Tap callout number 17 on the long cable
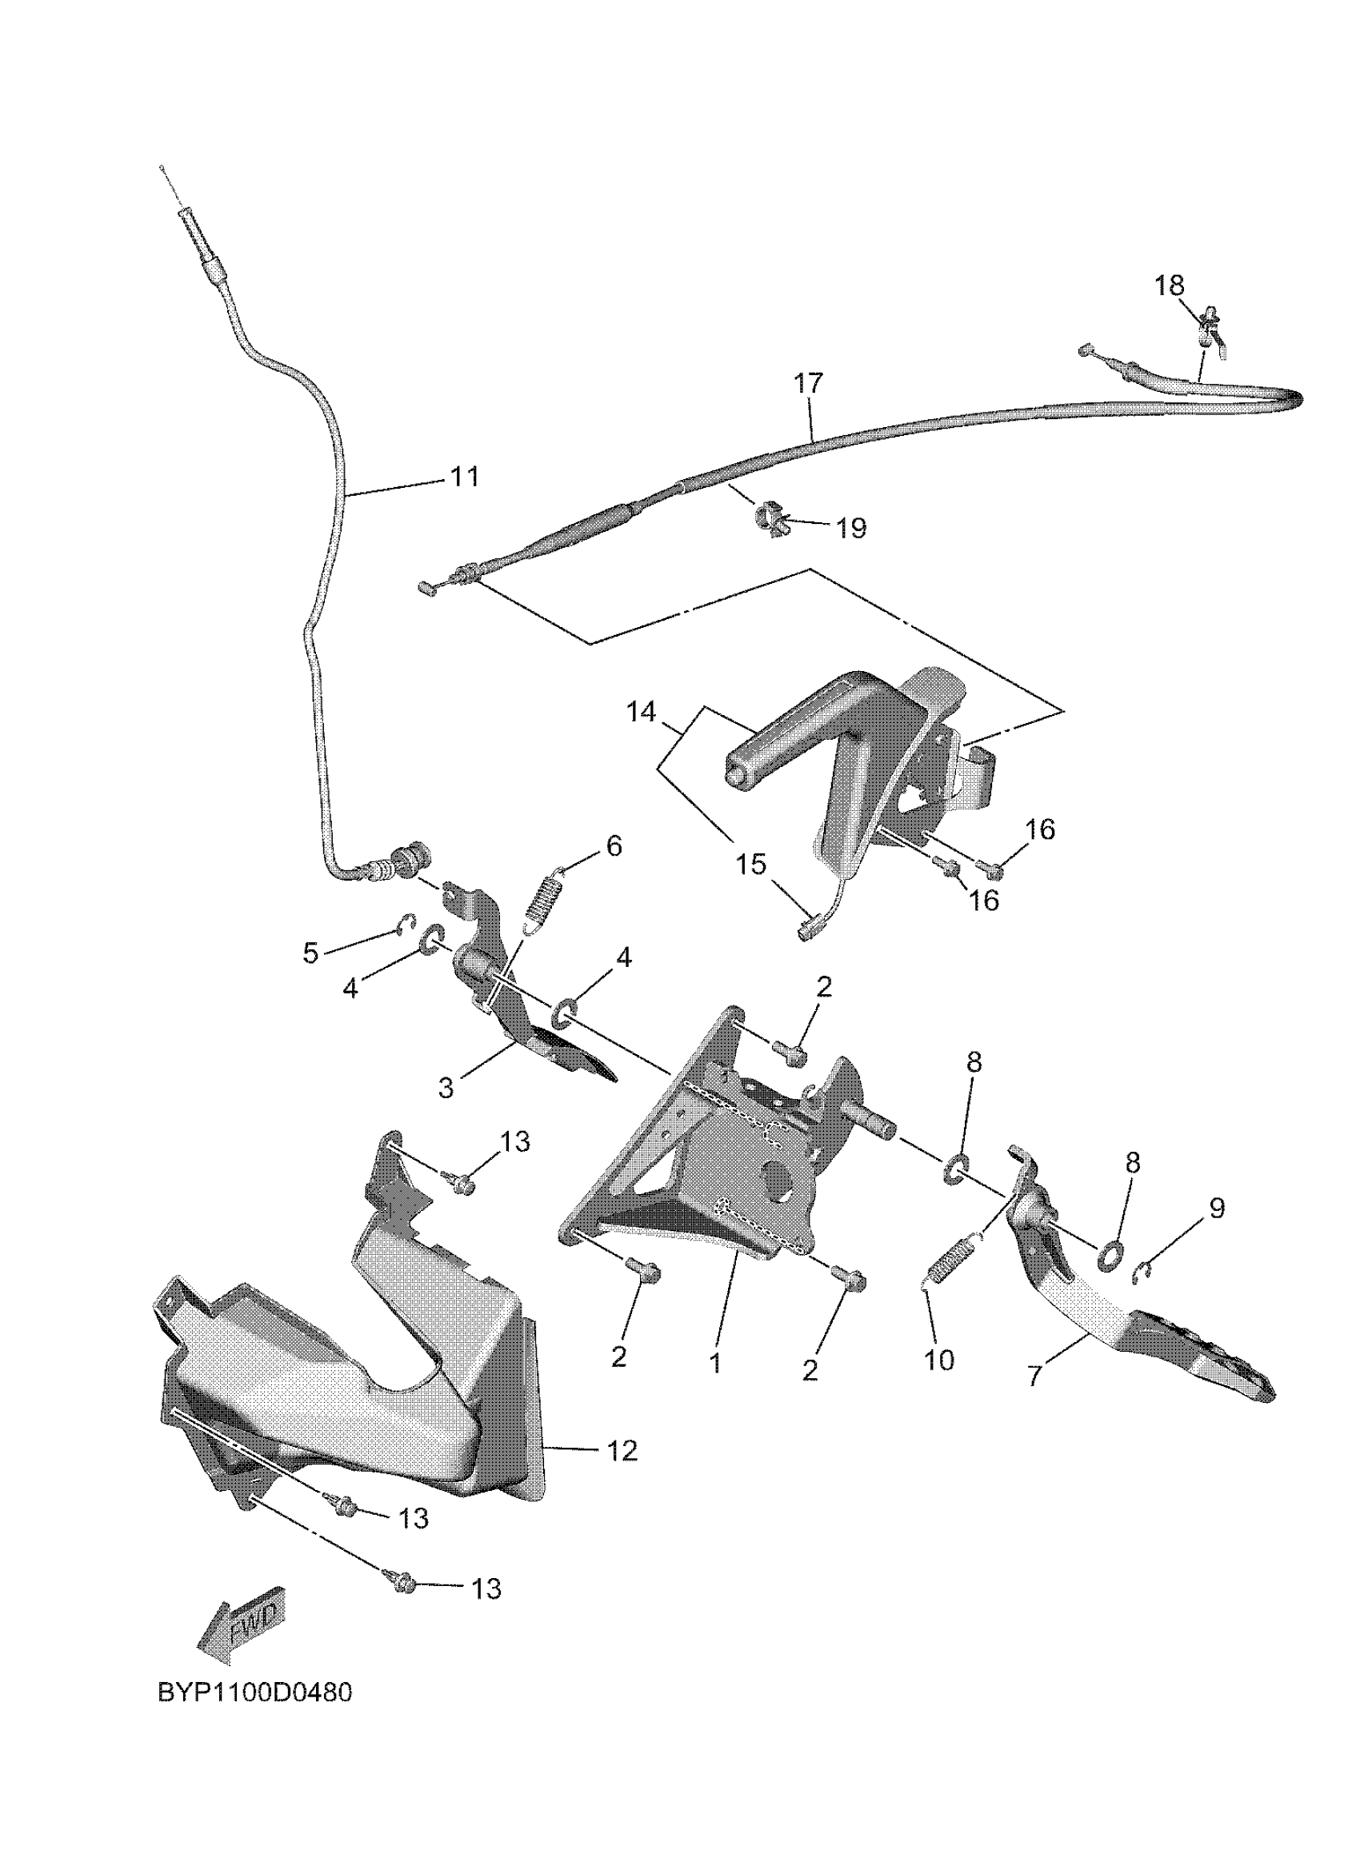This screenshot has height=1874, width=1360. (x=809, y=383)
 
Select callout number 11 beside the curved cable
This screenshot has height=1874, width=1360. (x=463, y=477)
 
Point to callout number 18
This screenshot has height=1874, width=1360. (x=1169, y=285)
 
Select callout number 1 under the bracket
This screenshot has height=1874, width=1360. (x=715, y=1363)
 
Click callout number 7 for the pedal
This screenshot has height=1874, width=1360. (x=1035, y=1374)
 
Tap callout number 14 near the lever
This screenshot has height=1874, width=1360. (x=641, y=711)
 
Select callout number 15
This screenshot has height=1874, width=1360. (x=751, y=865)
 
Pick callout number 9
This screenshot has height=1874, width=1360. (x=1216, y=1208)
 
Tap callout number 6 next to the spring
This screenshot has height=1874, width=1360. (x=613, y=846)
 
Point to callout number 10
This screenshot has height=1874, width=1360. (x=938, y=1360)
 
